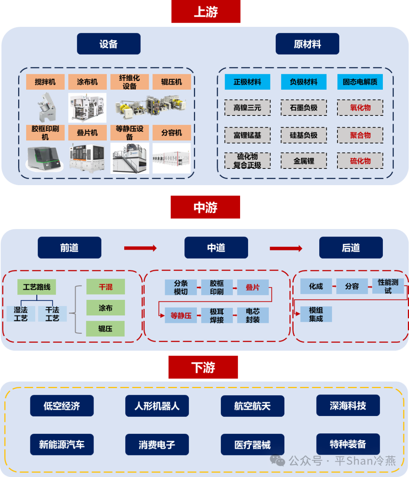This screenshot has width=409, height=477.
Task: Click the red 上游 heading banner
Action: click(x=206, y=12)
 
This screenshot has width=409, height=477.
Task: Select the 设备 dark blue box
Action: click(x=109, y=44)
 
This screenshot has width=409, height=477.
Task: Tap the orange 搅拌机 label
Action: click(x=45, y=82)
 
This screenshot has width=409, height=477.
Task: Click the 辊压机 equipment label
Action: click(x=172, y=82)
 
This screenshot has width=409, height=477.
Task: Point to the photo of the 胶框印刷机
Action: click(x=45, y=157)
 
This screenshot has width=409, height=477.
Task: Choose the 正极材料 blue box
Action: click(x=247, y=82)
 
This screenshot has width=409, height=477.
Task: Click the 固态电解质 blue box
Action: click(x=360, y=82)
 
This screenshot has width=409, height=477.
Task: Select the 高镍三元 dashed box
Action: click(x=247, y=108)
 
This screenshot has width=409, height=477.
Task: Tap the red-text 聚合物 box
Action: click(x=360, y=135)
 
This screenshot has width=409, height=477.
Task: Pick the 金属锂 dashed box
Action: click(x=304, y=161)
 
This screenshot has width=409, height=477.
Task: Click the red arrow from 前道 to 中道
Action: click(x=140, y=248)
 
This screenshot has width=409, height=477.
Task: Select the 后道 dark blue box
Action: click(x=351, y=248)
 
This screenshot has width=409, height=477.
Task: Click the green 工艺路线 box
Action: click(x=37, y=287)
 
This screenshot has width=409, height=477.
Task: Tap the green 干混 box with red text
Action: click(x=105, y=287)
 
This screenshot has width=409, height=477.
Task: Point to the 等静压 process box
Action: click(x=181, y=315)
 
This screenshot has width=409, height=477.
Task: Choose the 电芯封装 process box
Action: click(x=253, y=315)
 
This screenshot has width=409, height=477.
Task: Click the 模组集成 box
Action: click(x=316, y=314)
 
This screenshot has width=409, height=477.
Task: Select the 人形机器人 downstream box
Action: click(x=157, y=406)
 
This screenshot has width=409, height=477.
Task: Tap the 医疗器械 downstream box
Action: click(x=252, y=445)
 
